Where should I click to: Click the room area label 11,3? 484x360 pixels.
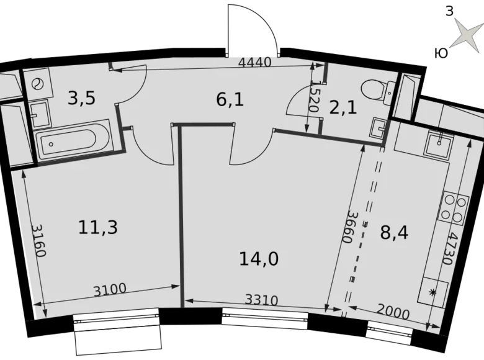click(x=98, y=227)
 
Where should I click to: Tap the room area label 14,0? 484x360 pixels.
click(x=259, y=258)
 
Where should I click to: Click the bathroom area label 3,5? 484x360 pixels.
click(x=81, y=98)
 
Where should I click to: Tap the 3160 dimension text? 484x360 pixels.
click(x=38, y=240)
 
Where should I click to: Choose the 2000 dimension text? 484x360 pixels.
click(x=392, y=313)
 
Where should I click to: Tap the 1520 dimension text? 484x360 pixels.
click(x=315, y=96)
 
